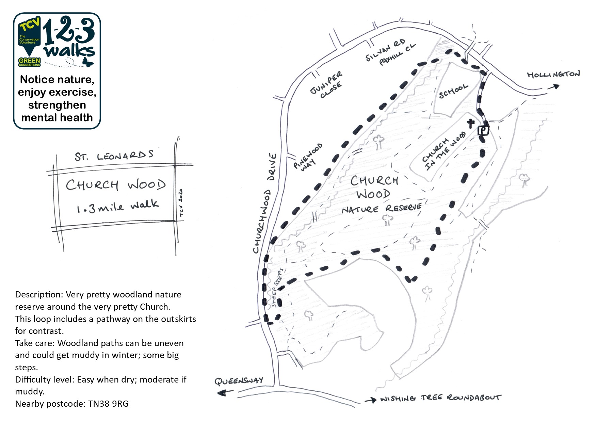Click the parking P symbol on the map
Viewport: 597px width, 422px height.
(x=483, y=130)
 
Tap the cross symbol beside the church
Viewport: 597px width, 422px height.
(x=471, y=123)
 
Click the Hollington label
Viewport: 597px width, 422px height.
(x=553, y=74)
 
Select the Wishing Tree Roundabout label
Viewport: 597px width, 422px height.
(x=440, y=398)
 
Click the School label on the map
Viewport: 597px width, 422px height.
(x=453, y=91)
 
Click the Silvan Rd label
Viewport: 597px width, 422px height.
(x=385, y=50)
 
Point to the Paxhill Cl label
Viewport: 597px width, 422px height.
(x=398, y=54)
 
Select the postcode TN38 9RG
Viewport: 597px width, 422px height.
(x=108, y=404)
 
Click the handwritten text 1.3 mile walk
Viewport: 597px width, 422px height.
(x=117, y=206)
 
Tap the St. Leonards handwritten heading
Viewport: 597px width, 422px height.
(x=114, y=156)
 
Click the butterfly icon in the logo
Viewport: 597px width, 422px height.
(x=88, y=62)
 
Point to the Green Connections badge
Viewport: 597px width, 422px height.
(x=29, y=62)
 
